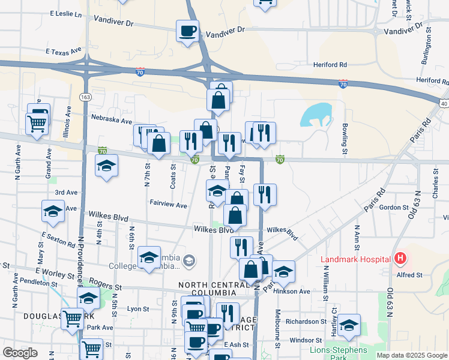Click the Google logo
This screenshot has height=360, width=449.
[x=20, y=353]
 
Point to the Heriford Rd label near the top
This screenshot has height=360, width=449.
[x=330, y=64]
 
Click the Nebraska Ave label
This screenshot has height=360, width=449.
[x=111, y=120]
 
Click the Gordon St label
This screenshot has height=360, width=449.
[x=394, y=207]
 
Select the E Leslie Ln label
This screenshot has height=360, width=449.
[x=65, y=13]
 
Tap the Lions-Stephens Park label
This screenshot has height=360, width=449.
[x=338, y=353]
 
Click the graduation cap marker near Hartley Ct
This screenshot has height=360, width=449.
[x=349, y=324]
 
